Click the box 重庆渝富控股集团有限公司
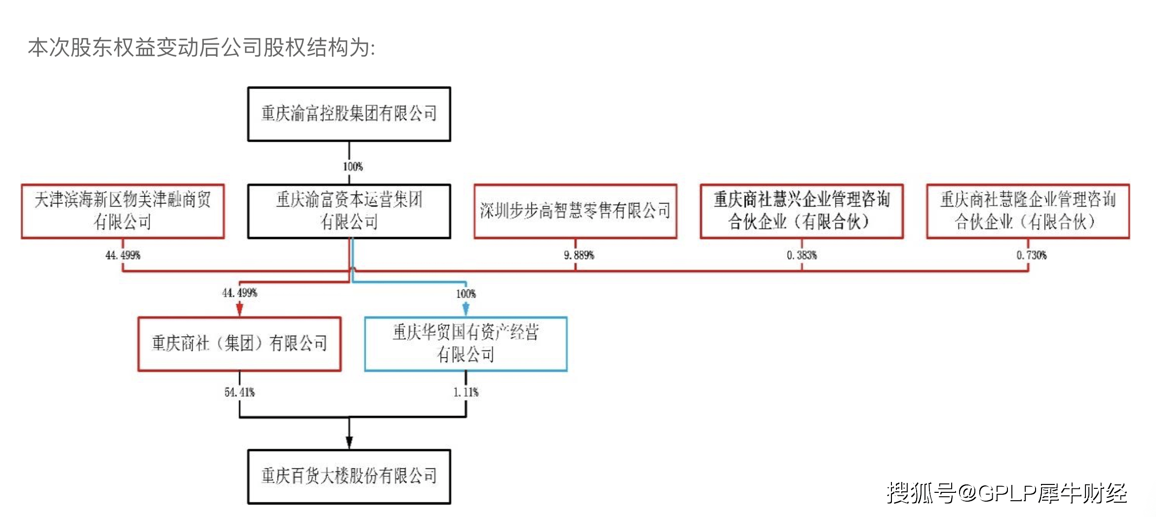[349, 114]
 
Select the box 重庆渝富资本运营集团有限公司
[349, 211]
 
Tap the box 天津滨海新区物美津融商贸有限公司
[122, 211]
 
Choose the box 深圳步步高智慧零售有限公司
[575, 211]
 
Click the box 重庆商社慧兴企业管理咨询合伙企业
[802, 211]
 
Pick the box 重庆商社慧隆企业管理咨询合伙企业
[1028, 211]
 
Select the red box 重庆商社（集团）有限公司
[239, 343]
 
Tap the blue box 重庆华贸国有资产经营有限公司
[465, 343]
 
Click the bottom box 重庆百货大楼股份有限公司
[349, 476]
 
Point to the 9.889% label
[579, 255]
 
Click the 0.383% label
[802, 255]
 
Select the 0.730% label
[1031, 255]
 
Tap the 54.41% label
[239, 392]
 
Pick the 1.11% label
[465, 392]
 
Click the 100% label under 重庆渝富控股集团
[353, 167]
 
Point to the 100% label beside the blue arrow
[465, 294]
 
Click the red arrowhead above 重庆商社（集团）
[239, 310]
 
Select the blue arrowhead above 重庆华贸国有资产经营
[465, 310]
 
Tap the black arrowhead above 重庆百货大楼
[349, 442]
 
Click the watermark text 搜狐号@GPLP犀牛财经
[1006, 493]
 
